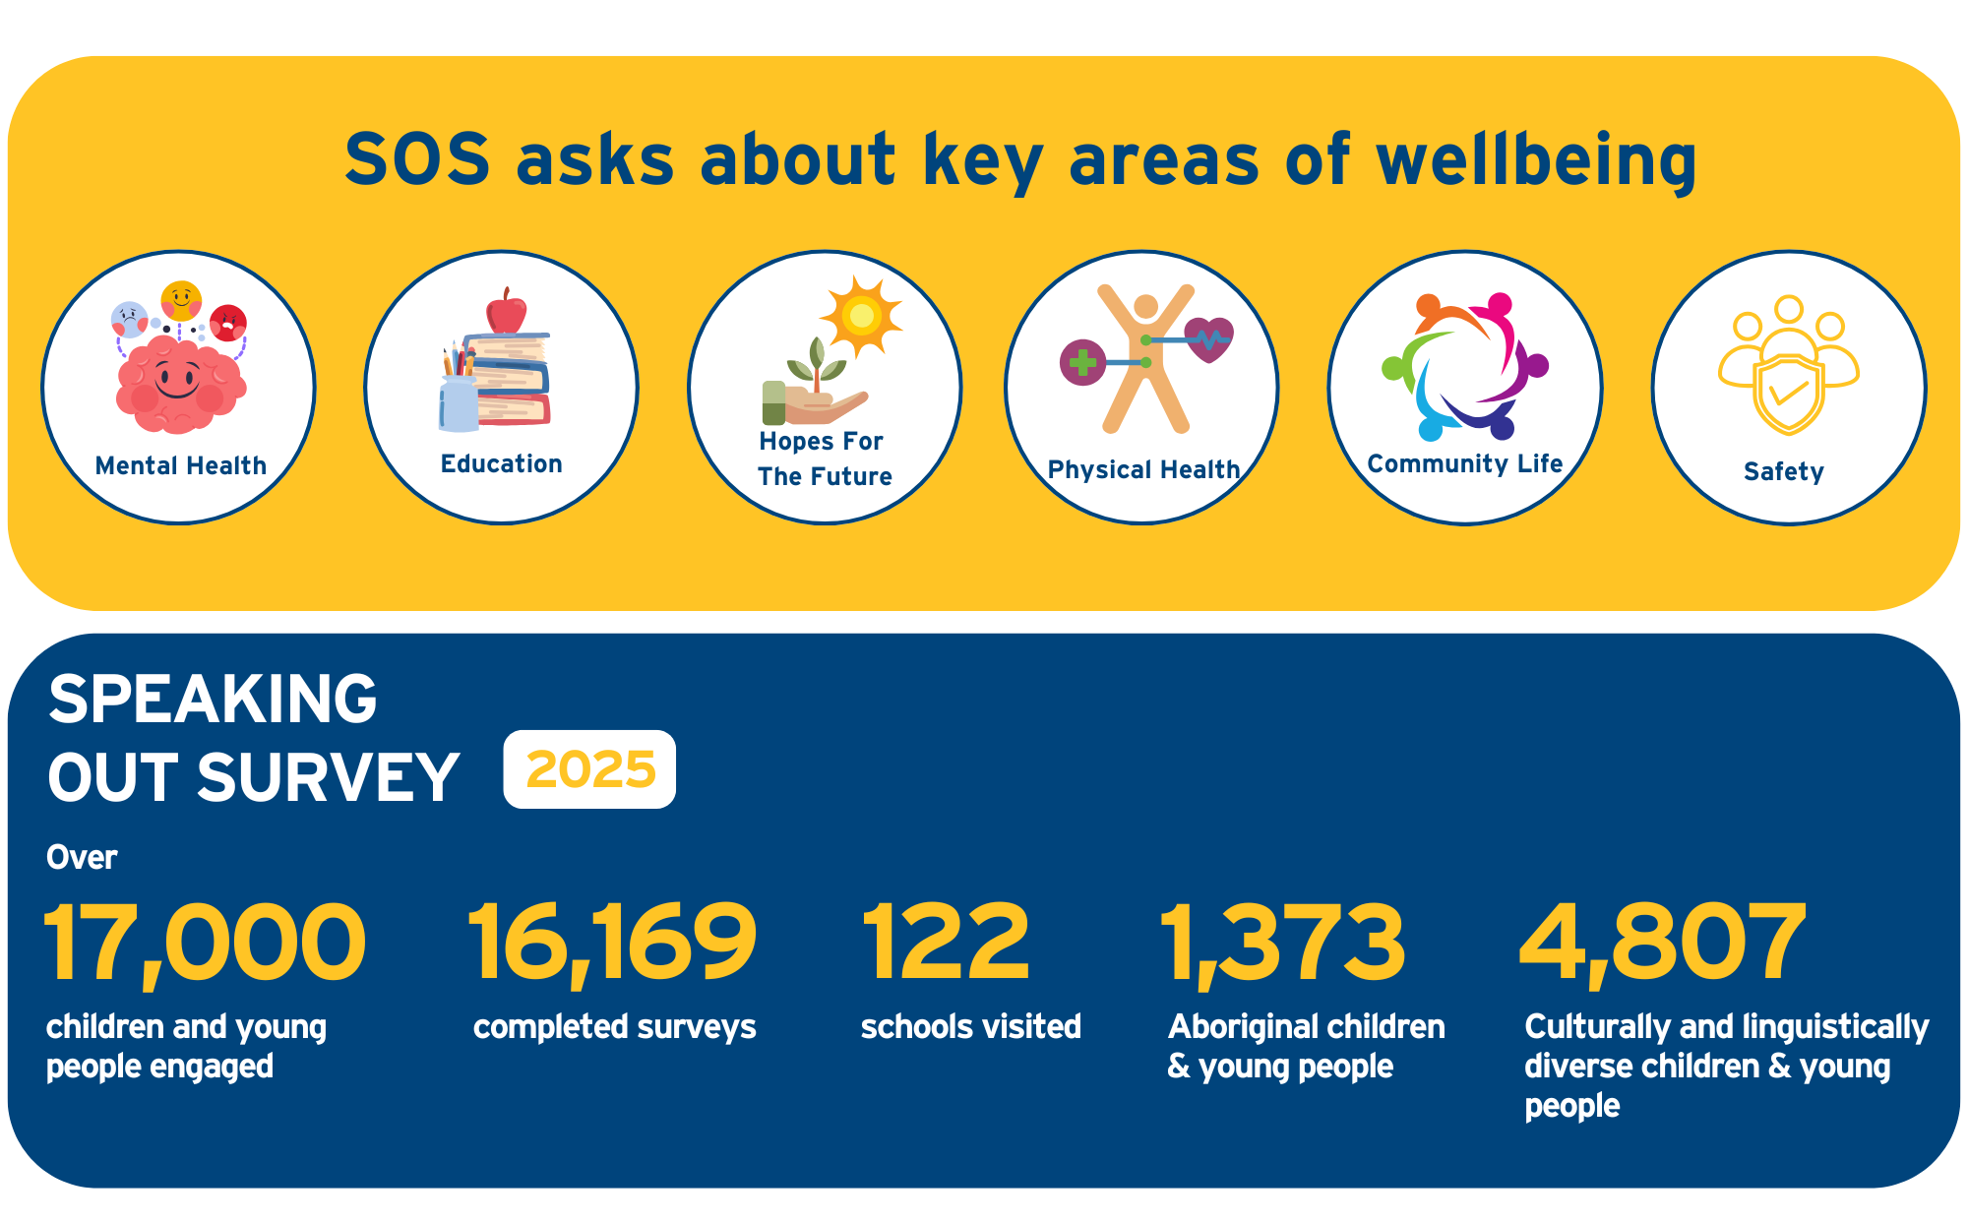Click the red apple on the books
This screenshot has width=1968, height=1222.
pos(506,314)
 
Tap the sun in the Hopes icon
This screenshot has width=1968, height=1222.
pos(861,316)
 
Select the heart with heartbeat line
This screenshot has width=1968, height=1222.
pos(1208,339)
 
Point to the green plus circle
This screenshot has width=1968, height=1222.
pos(1082,362)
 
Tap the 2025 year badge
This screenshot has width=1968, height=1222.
pos(589,769)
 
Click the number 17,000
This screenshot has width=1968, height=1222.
pos(205,943)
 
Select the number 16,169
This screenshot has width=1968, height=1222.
pos(612,943)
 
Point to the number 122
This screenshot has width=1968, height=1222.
pos(946,943)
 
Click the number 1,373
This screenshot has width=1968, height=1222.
pos(1283,943)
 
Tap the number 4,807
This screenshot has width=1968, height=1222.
pos(1663,943)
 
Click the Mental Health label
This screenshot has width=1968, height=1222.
pos(181,465)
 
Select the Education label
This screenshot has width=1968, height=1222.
pos(502,463)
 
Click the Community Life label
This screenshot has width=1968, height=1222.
pos(1465,463)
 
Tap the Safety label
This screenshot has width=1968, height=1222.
pos(1784,471)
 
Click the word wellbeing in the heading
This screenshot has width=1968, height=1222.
pos(1536,160)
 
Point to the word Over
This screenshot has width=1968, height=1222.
pos(82,857)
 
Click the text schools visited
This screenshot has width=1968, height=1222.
pos(970,1026)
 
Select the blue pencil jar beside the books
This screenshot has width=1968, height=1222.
pos(459,402)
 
